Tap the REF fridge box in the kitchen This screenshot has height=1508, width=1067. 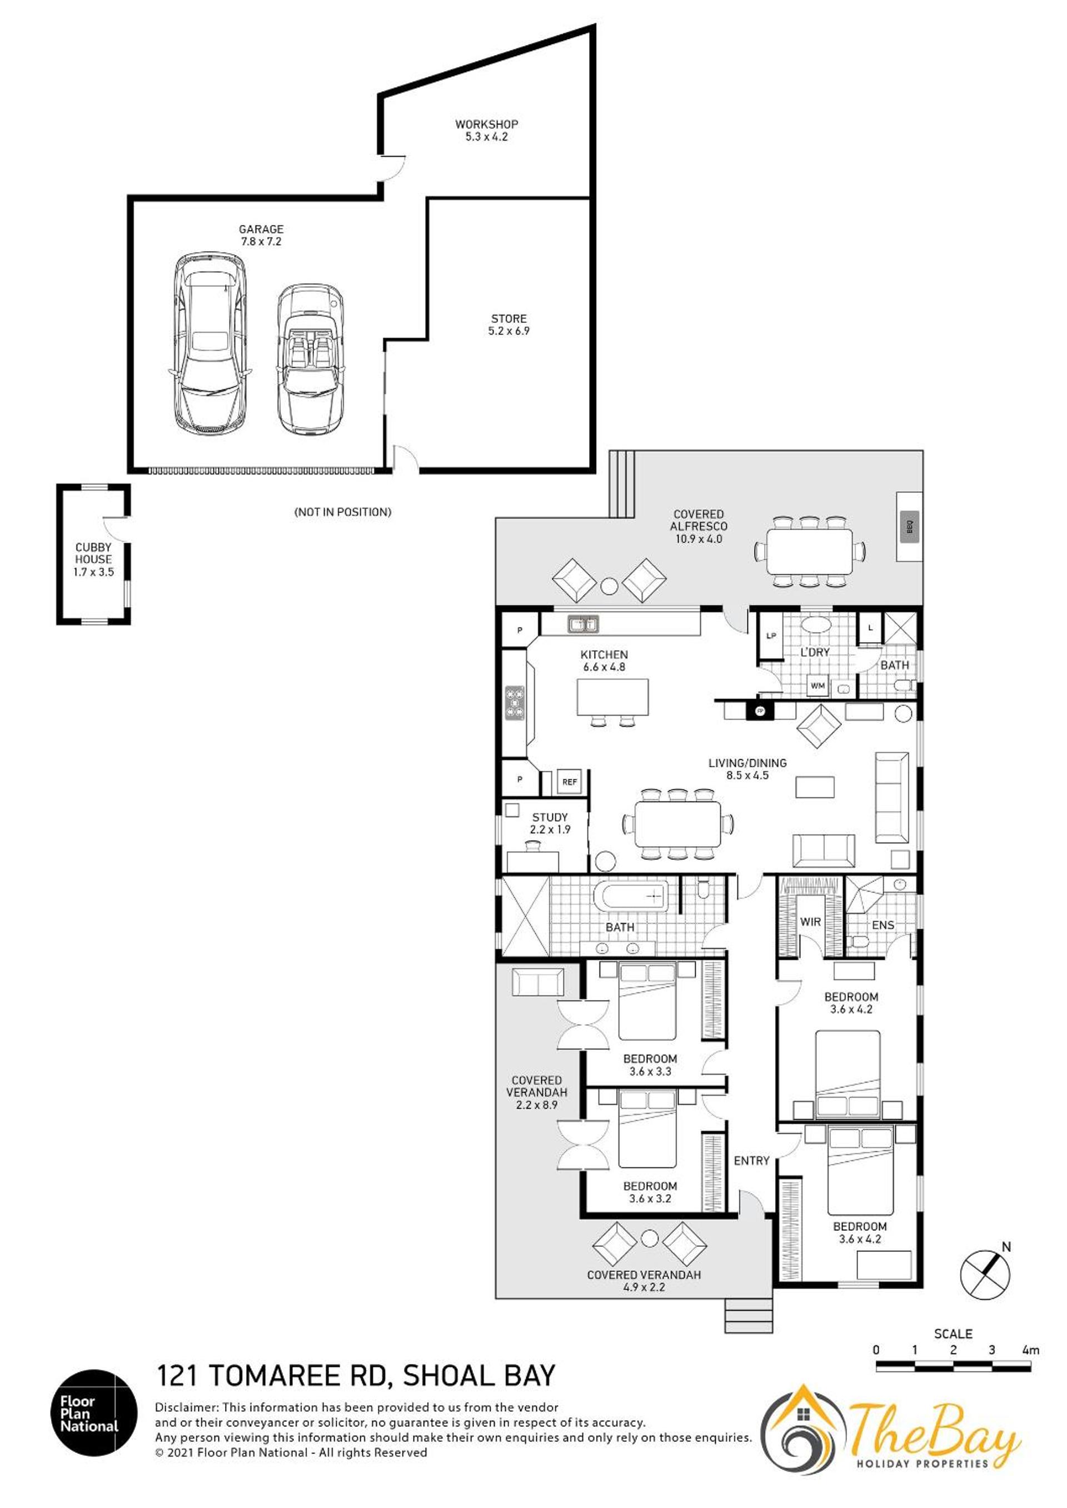[570, 782]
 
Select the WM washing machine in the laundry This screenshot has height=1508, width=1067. [817, 686]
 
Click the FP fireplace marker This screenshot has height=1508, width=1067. [760, 711]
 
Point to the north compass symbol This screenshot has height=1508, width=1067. [985, 1274]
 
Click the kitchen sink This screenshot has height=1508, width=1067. [583, 624]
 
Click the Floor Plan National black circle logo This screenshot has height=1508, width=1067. [94, 1413]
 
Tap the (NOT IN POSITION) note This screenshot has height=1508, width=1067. [343, 512]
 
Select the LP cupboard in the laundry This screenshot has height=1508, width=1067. [771, 636]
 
